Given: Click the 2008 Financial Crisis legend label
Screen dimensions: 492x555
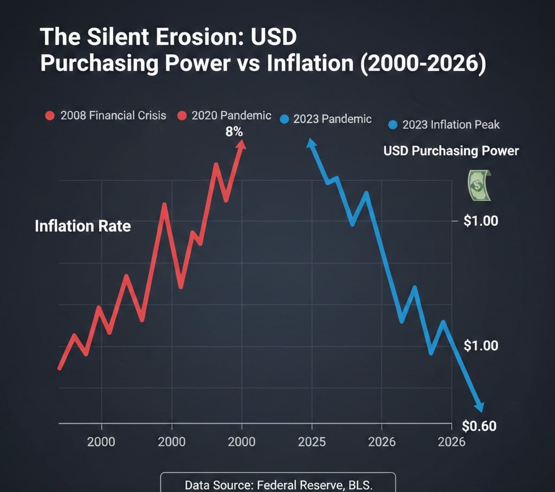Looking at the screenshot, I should (113, 116).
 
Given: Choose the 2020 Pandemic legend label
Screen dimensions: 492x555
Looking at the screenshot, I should (231, 116).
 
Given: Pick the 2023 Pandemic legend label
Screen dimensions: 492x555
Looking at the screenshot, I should (332, 119).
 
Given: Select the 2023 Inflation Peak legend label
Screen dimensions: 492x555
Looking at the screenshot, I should (451, 125).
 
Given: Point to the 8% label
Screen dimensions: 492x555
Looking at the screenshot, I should (234, 131).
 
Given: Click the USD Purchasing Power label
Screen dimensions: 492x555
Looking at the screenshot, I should (451, 151).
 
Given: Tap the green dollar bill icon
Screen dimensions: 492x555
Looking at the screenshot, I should (477, 185).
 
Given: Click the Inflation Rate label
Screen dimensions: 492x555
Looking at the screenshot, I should (82, 226).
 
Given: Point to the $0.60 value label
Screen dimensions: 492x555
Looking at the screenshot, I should (480, 426).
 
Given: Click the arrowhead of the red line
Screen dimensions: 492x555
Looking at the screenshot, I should (242, 144).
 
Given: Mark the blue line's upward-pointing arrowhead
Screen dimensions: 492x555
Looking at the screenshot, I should (311, 143).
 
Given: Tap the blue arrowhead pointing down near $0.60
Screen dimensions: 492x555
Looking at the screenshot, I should (479, 407).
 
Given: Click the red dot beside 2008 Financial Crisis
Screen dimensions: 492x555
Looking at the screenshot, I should (50, 116).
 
